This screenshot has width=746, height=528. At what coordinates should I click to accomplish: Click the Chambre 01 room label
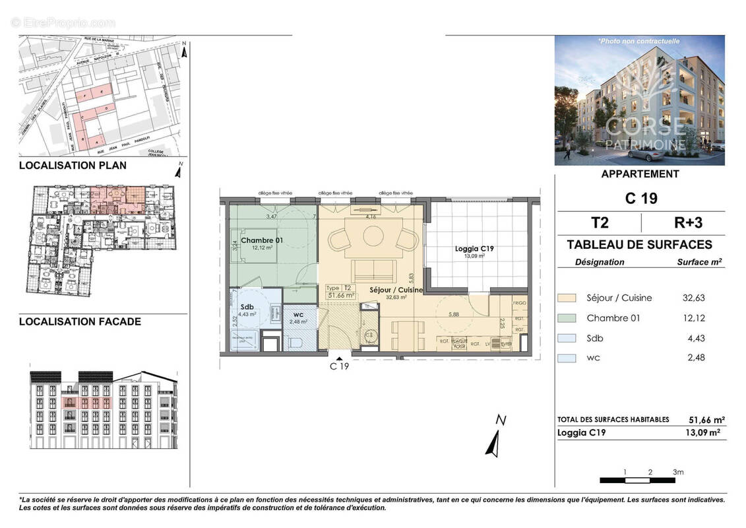click(x=262, y=241)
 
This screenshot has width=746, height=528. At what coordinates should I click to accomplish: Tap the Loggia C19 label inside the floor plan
click(x=475, y=249)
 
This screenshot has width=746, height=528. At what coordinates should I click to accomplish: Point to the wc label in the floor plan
click(x=298, y=313)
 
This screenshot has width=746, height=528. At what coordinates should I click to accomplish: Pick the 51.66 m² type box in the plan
click(x=342, y=292)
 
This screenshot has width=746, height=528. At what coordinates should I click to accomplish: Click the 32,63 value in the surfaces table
click(x=693, y=298)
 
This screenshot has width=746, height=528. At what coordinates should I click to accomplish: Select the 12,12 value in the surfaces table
click(x=693, y=318)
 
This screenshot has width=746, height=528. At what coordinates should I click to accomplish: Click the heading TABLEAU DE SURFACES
click(x=639, y=245)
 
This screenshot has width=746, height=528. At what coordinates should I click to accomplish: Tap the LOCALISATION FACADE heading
click(x=80, y=321)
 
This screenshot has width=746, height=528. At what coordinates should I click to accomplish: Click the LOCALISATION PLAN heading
click(x=73, y=166)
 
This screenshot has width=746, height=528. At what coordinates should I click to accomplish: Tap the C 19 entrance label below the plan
click(x=339, y=366)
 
